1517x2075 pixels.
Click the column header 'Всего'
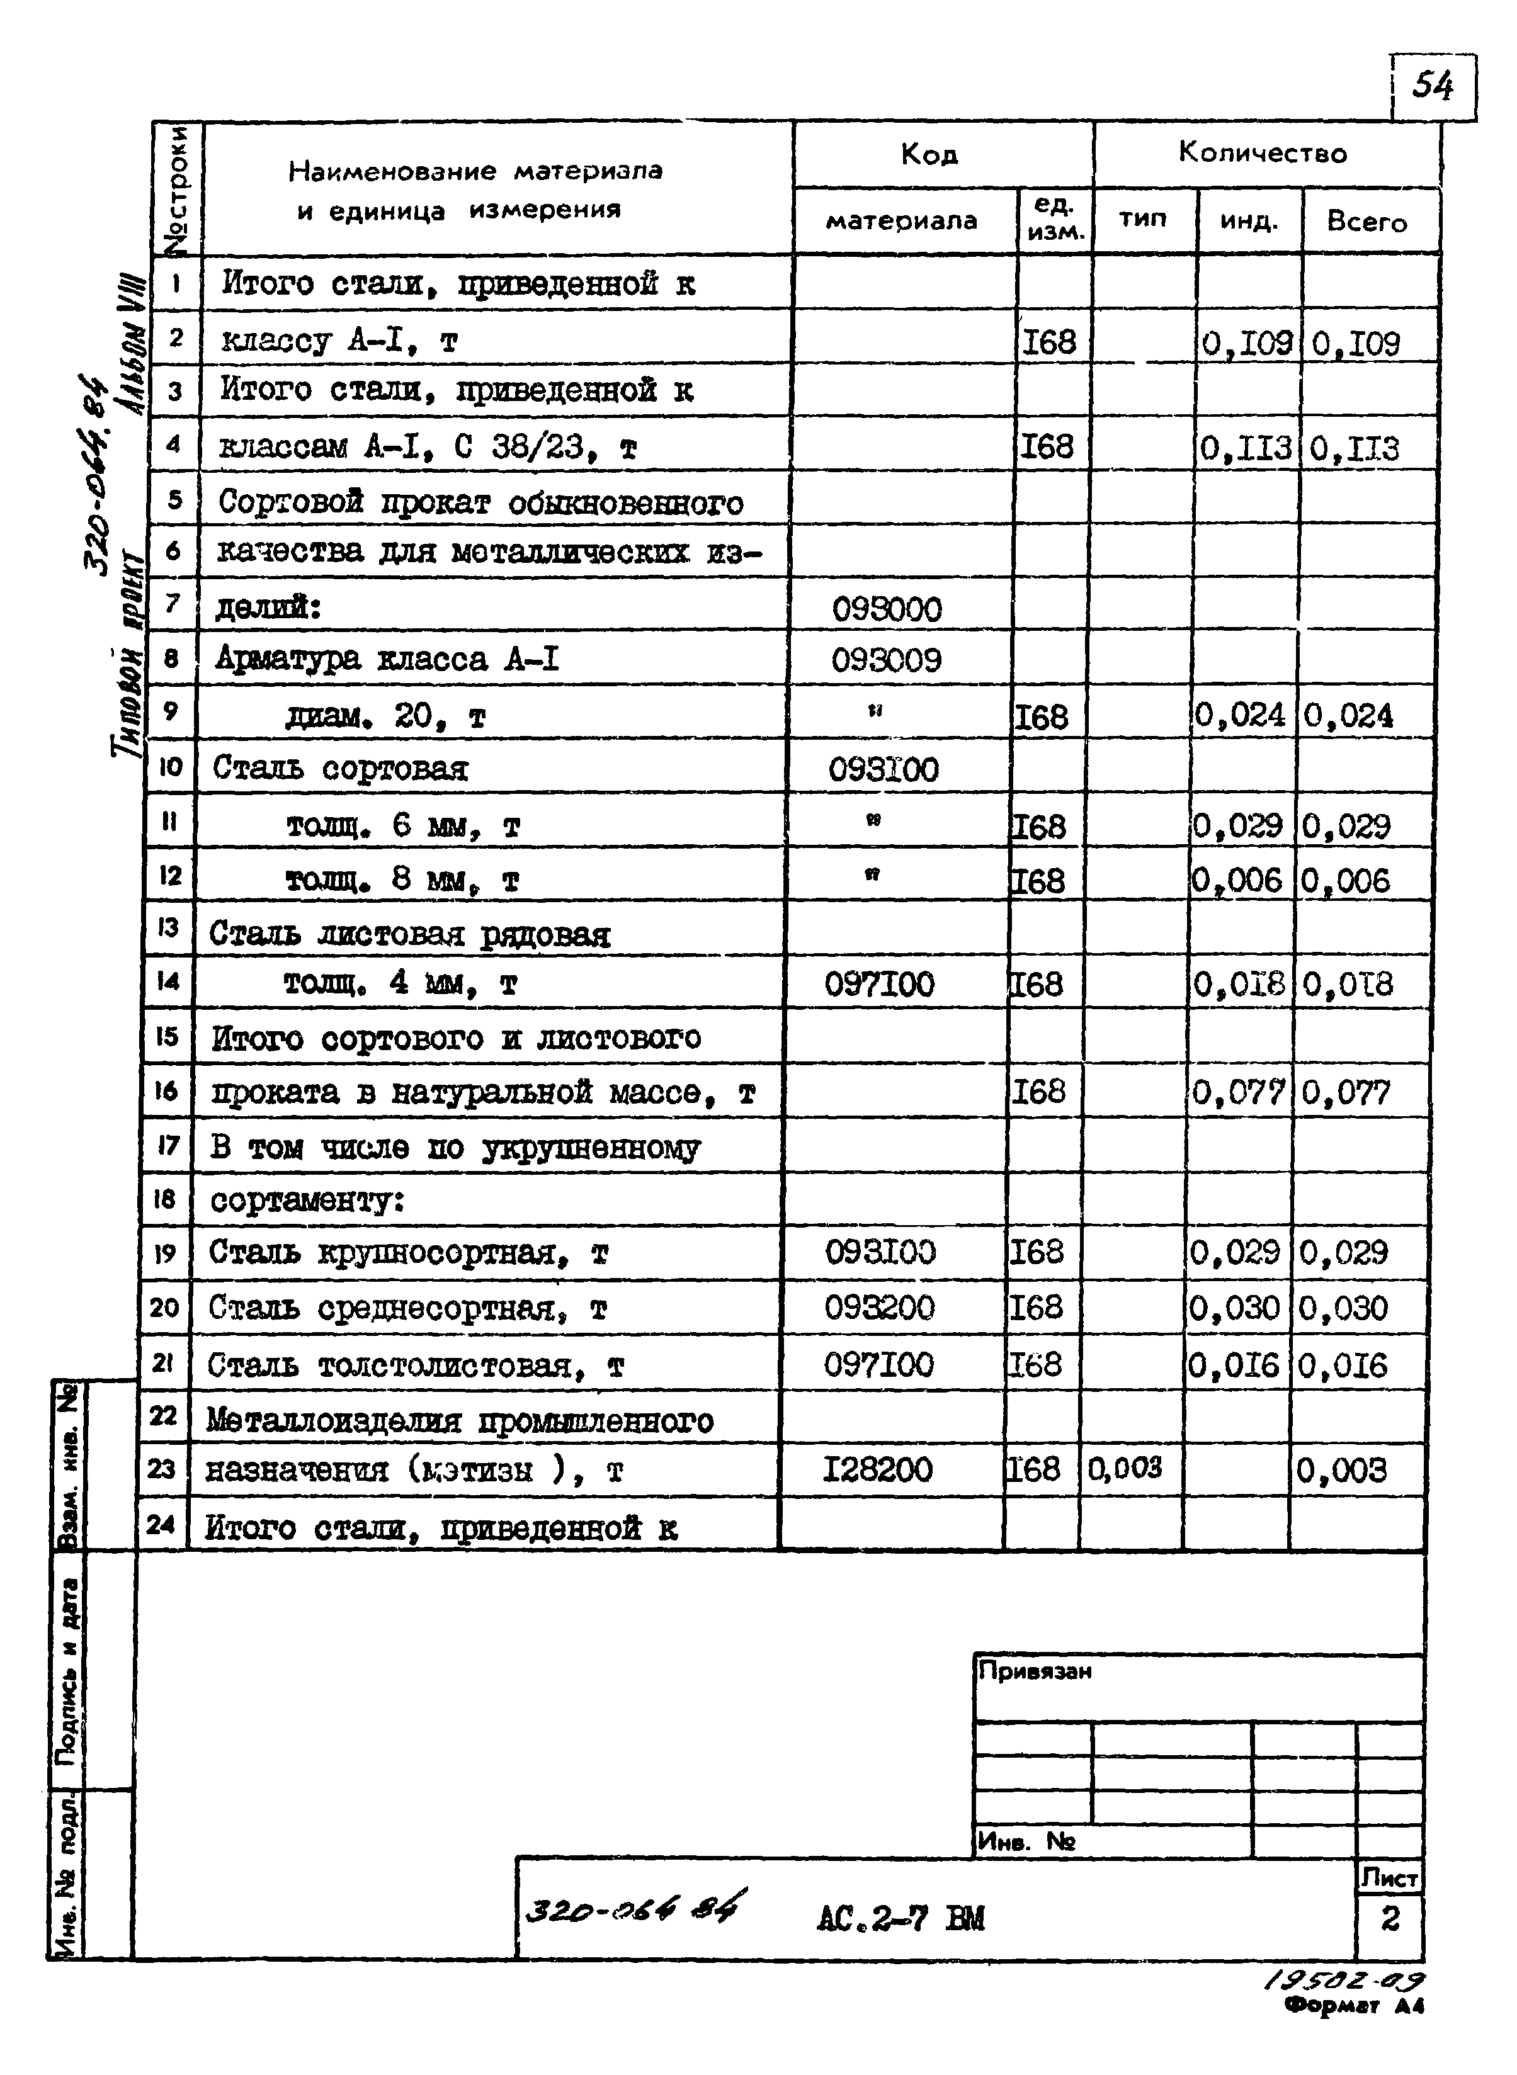pyautogui.click(x=1366, y=222)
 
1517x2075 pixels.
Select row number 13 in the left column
pyautogui.click(x=168, y=927)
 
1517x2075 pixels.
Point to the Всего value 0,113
pyautogui.click(x=1355, y=449)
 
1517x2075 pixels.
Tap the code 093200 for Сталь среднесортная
pyautogui.click(x=879, y=1308)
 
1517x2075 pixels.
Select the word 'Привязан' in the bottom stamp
pyautogui.click(x=1035, y=1671)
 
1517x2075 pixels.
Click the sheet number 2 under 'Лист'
pyautogui.click(x=1389, y=1918)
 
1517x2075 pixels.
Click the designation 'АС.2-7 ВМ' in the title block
pyautogui.click(x=900, y=1918)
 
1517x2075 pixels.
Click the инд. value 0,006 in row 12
pyautogui.click(x=1237, y=881)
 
